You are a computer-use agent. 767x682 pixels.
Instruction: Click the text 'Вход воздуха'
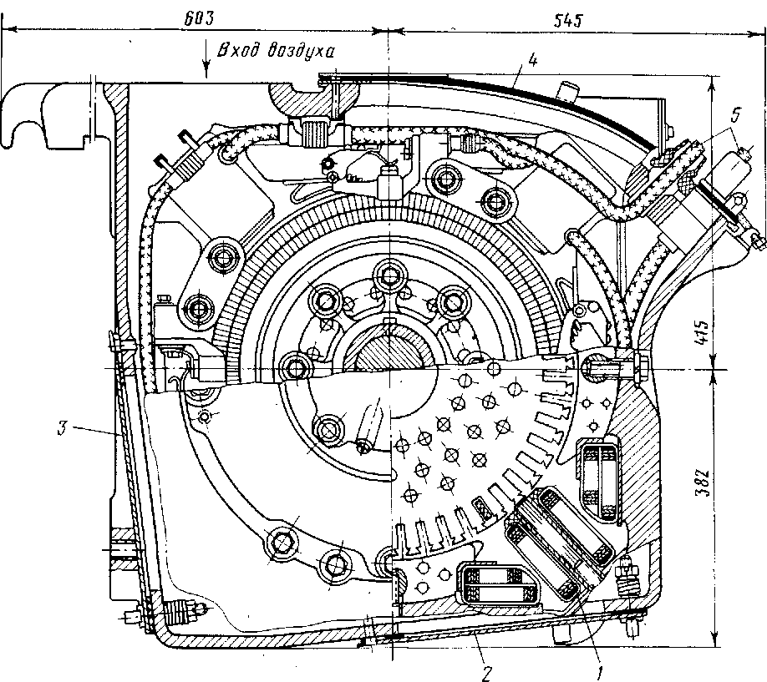(x=276, y=50)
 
